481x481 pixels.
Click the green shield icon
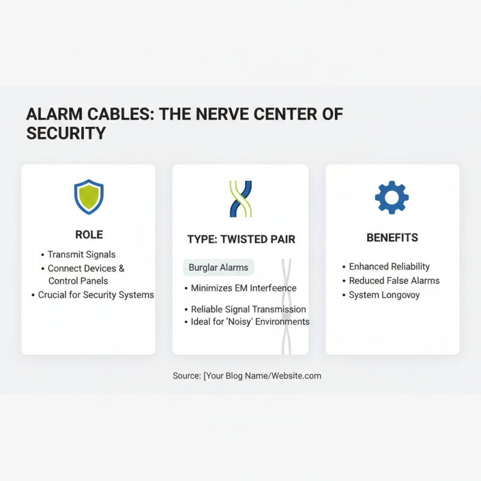pos(88,197)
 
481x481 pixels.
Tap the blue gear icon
pos(391,197)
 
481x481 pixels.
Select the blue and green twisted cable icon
pos(240,198)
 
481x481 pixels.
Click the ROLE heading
pos(89,234)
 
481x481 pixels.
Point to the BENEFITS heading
pos(392,238)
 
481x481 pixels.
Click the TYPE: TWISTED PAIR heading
pos(241,239)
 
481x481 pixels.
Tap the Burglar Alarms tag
pos(218,268)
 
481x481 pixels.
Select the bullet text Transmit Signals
pos(82,254)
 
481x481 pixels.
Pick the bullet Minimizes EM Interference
pos(244,288)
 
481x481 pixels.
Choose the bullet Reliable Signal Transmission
pos(248,309)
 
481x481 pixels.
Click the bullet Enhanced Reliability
pos(389,266)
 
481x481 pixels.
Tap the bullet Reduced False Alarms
pos(394,281)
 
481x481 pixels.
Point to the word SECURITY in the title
pos(66,133)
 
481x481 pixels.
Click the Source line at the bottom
pos(247,376)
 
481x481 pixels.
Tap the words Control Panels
pos(78,281)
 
